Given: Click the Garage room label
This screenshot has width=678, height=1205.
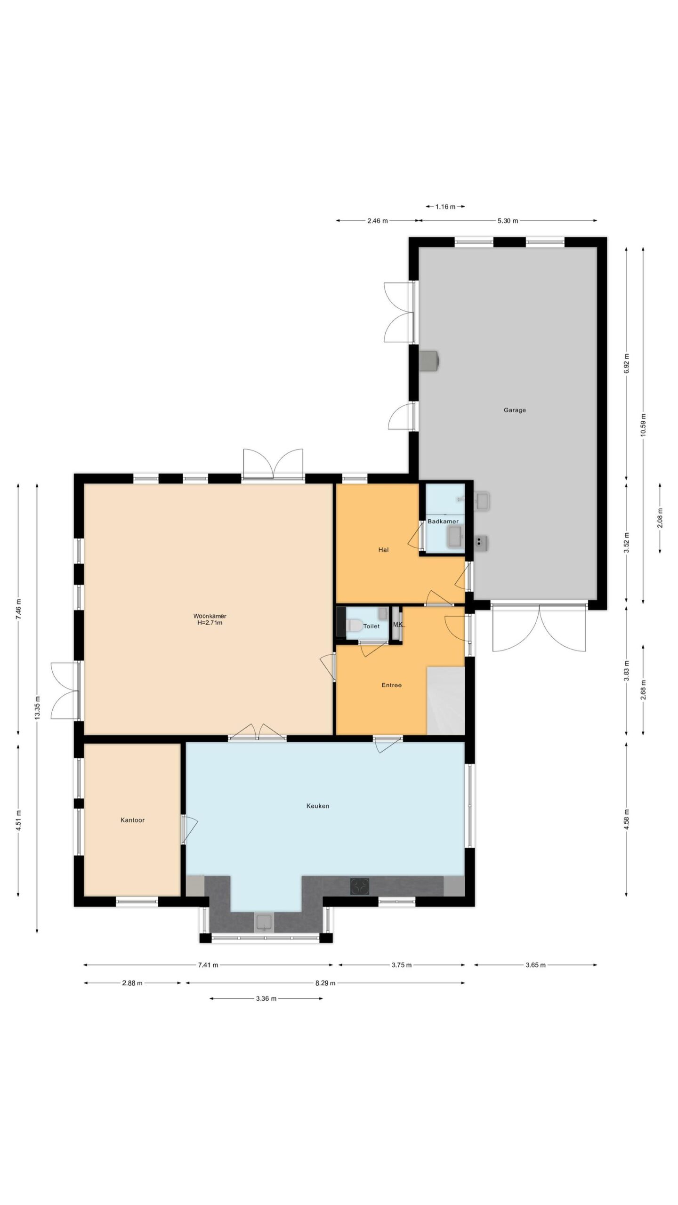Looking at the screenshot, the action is click(515, 410).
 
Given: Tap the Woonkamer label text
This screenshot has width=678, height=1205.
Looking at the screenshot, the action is click(210, 616).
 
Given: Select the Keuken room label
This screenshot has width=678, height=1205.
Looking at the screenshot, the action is click(318, 806).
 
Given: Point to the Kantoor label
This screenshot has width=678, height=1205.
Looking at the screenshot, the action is click(132, 820).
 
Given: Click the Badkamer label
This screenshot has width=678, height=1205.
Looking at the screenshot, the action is click(443, 522).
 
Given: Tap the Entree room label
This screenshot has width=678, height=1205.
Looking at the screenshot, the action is click(391, 685).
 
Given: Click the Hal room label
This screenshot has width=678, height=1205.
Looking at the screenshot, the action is click(383, 549).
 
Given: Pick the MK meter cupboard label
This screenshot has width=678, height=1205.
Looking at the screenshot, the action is click(398, 625).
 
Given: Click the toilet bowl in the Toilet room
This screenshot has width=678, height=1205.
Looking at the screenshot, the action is click(354, 625).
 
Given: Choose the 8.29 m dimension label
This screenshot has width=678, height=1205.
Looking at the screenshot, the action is click(325, 983).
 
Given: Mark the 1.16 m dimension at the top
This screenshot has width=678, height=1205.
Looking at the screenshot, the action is click(445, 206).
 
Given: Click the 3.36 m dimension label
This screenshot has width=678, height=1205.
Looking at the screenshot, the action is click(266, 998).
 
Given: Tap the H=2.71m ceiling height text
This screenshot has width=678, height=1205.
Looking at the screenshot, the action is click(210, 623).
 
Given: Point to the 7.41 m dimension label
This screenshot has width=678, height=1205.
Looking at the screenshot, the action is click(208, 965).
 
